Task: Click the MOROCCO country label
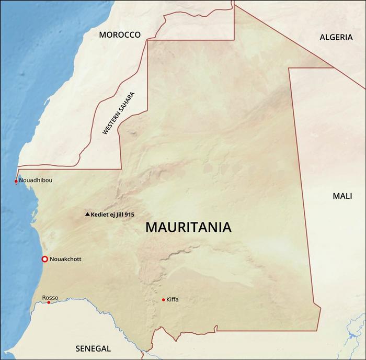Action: coord(120,35)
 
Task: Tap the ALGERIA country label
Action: coord(336,37)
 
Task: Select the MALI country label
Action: coord(342,196)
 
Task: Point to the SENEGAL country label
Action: coord(93,348)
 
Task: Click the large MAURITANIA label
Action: coord(188,228)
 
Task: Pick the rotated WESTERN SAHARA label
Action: coord(119,114)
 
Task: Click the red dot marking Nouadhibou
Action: coord(16,181)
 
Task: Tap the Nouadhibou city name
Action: coord(36,180)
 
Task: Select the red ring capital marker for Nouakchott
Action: coord(45,259)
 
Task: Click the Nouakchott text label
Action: coord(65,259)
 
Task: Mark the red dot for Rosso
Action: coord(49,302)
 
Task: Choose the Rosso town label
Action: coord(50,297)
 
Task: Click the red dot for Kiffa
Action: coord(164,300)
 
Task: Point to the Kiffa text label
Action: coord(173,300)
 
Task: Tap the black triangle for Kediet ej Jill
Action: coord(87,215)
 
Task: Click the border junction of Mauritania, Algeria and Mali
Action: coord(334,67)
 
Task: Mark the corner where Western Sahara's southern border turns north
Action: coord(121,168)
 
